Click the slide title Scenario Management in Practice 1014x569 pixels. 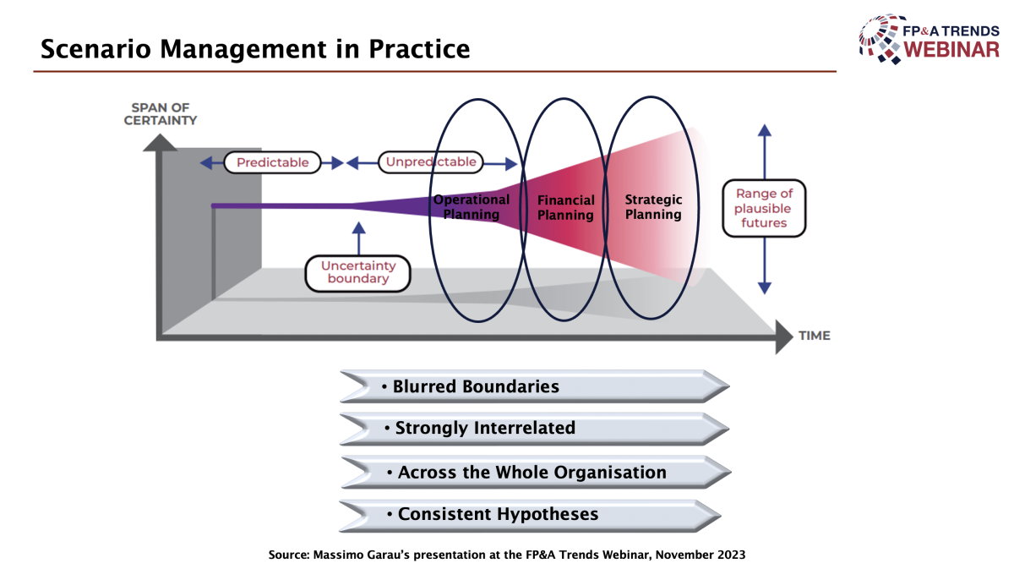pyautogui.click(x=255, y=49)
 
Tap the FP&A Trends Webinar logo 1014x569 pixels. pyautogui.click(x=929, y=40)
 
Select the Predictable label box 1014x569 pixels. pyautogui.click(x=272, y=162)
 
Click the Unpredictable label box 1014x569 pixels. pyautogui.click(x=431, y=161)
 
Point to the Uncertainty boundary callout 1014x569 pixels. pyautogui.click(x=358, y=273)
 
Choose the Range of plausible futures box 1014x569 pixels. pyautogui.click(x=764, y=208)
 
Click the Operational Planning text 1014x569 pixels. pyautogui.click(x=472, y=206)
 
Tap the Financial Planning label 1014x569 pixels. pyautogui.click(x=565, y=207)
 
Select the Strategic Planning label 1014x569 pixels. pyautogui.click(x=653, y=206)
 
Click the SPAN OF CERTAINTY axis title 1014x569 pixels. pyautogui.click(x=161, y=113)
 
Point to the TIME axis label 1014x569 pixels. pyautogui.click(x=815, y=336)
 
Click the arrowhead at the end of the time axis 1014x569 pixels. pyautogui.click(x=784, y=336)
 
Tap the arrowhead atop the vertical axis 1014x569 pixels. pyautogui.click(x=160, y=142)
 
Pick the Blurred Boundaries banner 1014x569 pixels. pyautogui.click(x=534, y=386)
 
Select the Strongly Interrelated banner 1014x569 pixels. pyautogui.click(x=534, y=428)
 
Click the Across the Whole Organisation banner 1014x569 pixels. pyautogui.click(x=536, y=472)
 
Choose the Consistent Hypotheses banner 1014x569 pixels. pyautogui.click(x=530, y=515)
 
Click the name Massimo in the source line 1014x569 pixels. pyautogui.click(x=333, y=555)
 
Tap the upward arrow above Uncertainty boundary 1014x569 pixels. pyautogui.click(x=358, y=238)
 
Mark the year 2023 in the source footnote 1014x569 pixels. pyautogui.click(x=731, y=555)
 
